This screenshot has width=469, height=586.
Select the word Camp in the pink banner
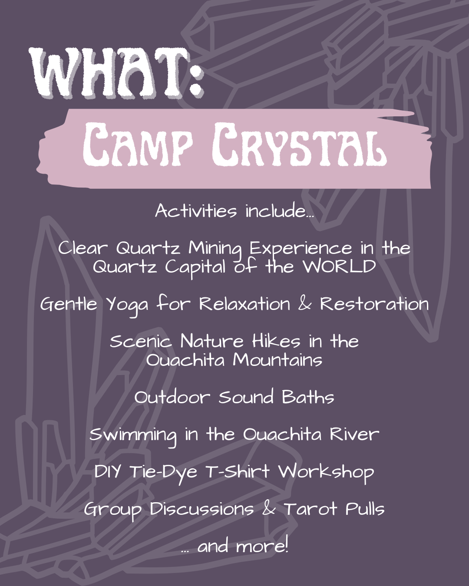138,145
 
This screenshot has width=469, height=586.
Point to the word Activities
196,211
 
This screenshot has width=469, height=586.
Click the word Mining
215,249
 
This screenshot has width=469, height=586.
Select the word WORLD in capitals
340,267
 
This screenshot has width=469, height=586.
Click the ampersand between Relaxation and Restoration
305,304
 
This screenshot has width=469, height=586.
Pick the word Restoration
374,303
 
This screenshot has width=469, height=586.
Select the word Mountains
277,360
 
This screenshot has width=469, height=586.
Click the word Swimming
133,435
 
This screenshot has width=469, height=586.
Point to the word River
354,434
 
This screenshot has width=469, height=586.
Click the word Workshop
326,472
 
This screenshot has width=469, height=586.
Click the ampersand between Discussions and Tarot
269,508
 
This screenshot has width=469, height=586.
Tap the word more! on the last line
262,546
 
